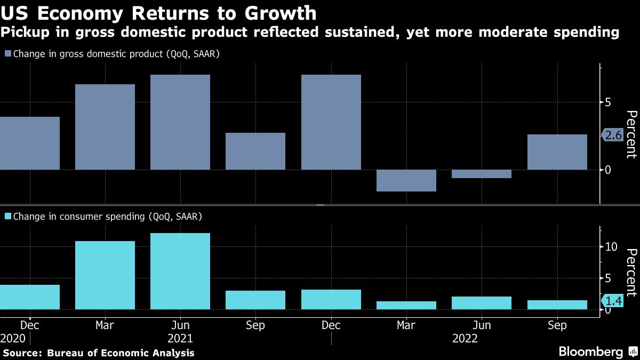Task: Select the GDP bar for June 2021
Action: [x=180, y=122]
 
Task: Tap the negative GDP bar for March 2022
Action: [x=406, y=180]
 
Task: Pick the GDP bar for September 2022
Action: [x=557, y=152]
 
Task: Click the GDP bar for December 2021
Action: [x=331, y=122]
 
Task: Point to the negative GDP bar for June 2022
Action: [x=482, y=174]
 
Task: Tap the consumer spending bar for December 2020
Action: [x=30, y=297]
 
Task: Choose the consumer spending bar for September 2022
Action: [x=557, y=305]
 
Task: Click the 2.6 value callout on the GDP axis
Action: [x=614, y=135]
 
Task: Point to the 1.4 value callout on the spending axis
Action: [x=614, y=302]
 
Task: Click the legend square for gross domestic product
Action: [x=7, y=54]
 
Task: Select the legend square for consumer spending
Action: [x=7, y=217]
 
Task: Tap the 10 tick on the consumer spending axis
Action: [x=611, y=246]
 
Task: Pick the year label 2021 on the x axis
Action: [x=180, y=339]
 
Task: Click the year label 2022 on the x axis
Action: [x=465, y=339]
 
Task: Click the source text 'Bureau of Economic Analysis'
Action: [x=121, y=353]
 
